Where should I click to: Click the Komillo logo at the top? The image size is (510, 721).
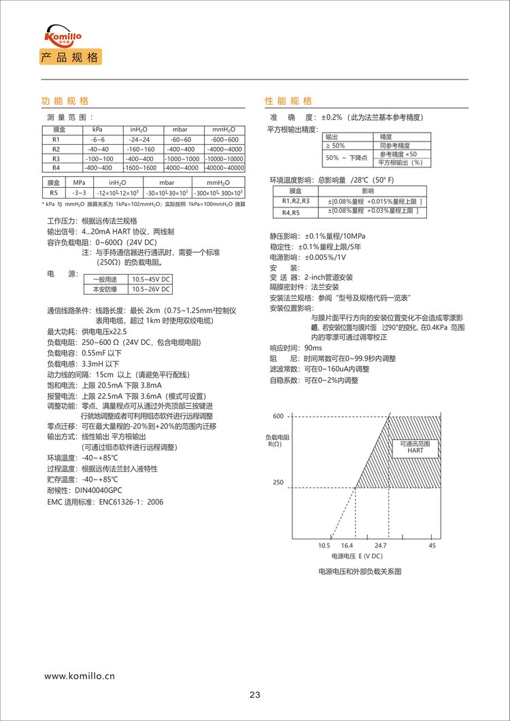pyautogui.click(x=61, y=35)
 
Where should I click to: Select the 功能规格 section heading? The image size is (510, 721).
pyautogui.click(x=65, y=101)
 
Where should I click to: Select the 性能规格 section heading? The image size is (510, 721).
pyautogui.click(x=288, y=101)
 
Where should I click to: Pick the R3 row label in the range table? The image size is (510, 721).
pyautogui.click(x=56, y=158)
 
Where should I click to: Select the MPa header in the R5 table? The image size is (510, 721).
pyautogui.click(x=79, y=183)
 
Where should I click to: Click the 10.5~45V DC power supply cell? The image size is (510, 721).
pyautogui.click(x=152, y=280)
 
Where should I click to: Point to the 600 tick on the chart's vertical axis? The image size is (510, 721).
pyautogui.click(x=277, y=416)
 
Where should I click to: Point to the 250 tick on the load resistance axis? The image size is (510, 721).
pyautogui.click(x=277, y=482)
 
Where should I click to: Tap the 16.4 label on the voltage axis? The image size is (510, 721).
pyautogui.click(x=347, y=546)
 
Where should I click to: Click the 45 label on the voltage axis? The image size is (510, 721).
pyautogui.click(x=432, y=546)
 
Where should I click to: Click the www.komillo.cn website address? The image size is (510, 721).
pyautogui.click(x=80, y=676)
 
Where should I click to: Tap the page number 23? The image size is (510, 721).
pyautogui.click(x=255, y=694)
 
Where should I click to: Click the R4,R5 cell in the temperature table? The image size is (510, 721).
pyautogui.click(x=295, y=212)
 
